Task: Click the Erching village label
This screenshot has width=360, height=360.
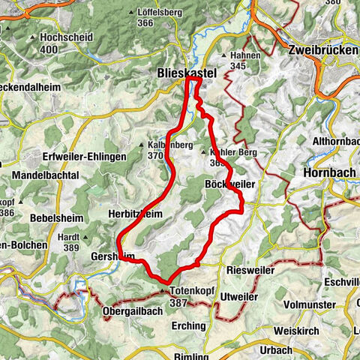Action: (x=187, y=325)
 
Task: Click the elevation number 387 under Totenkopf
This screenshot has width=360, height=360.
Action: (x=178, y=301)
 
